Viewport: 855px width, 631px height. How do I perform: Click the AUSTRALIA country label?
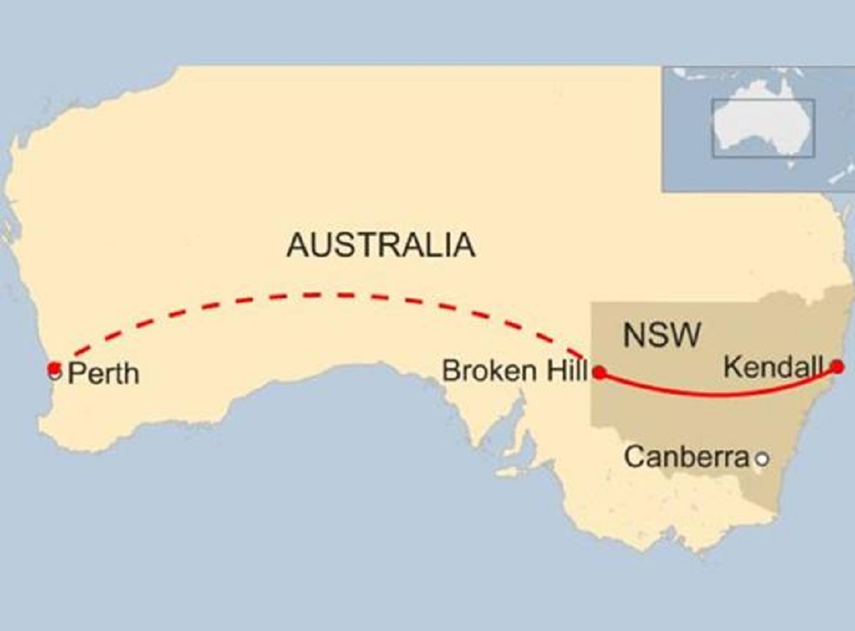click(x=380, y=245)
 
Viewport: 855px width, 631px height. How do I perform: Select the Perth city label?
click(x=103, y=374)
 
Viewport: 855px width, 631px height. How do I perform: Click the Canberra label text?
click(x=686, y=457)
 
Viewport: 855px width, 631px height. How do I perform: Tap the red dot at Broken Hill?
click(x=600, y=373)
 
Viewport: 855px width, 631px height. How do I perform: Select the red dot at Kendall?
click(x=837, y=367)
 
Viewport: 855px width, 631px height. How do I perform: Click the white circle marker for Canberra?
click(x=762, y=459)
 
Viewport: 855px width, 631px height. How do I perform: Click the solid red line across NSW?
click(x=718, y=394)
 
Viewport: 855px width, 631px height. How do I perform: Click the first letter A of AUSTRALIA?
click(x=297, y=245)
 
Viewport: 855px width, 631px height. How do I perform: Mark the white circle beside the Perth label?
click(x=56, y=374)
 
